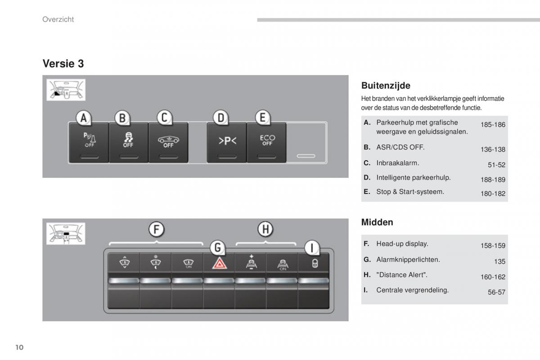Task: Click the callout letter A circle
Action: coord(84,118)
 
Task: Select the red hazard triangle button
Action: coord(220,264)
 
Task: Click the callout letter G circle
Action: coord(218,247)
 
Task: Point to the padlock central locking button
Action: coord(314,264)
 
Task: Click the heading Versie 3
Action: coord(63,64)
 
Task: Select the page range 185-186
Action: coord(493,125)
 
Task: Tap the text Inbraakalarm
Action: coord(397,163)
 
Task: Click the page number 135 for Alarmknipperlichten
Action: coord(499,261)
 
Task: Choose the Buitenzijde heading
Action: coord(386,85)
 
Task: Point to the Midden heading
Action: coord(377,222)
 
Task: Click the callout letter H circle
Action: coord(265,229)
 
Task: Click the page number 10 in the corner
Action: coord(18,347)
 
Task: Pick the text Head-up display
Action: coord(402,243)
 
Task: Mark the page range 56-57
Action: coord(496,292)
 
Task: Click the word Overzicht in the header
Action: coord(58,19)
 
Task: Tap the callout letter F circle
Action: coord(156,229)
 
